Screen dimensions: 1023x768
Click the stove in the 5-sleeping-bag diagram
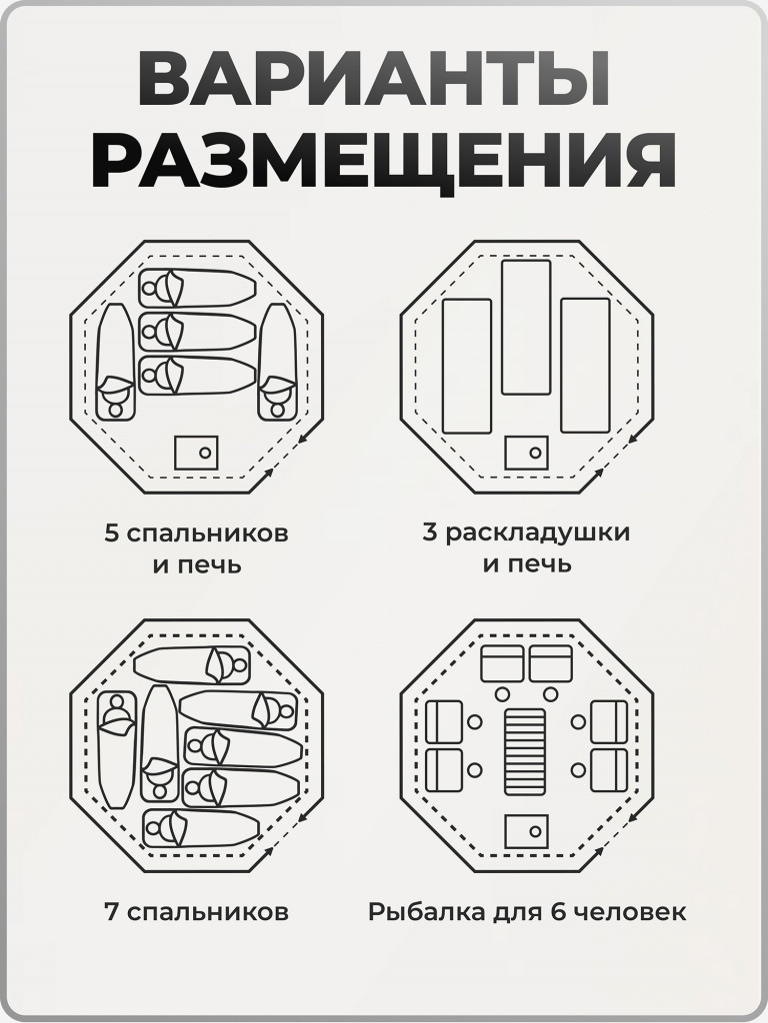point(196,453)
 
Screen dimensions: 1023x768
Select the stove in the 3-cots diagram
point(526,453)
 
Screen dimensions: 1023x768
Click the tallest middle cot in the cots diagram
point(526,327)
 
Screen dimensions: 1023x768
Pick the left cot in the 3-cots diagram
point(466,366)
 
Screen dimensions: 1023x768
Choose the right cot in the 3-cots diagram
point(585,365)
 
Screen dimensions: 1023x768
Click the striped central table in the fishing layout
point(526,751)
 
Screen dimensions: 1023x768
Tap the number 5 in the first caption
point(111,532)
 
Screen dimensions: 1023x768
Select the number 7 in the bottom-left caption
point(111,912)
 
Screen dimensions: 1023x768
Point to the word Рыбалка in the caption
point(415,912)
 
